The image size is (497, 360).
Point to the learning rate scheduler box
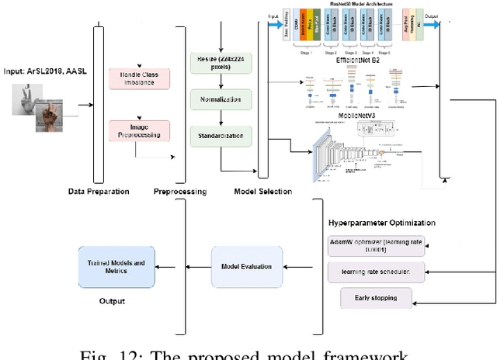tap(375, 272)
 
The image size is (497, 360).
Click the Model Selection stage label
tap(262, 191)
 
